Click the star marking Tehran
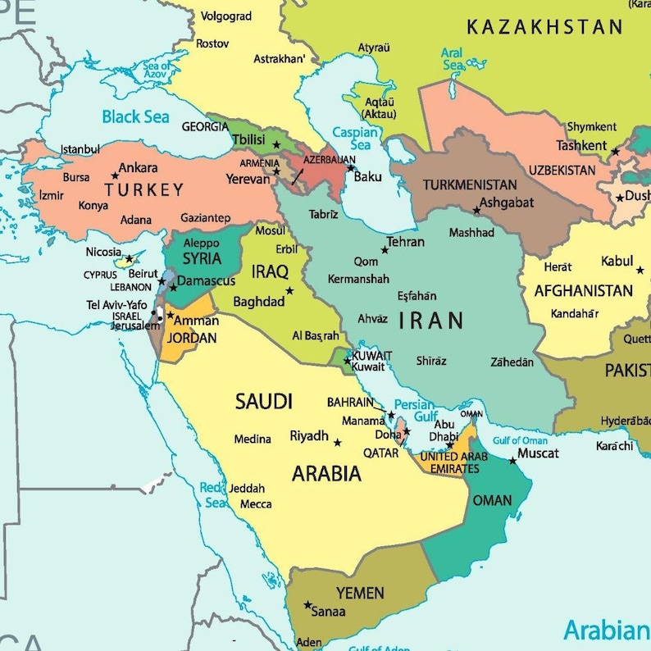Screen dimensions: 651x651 click(x=385, y=249)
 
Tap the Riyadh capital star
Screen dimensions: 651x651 click(x=337, y=442)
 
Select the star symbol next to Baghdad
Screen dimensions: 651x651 click(x=289, y=290)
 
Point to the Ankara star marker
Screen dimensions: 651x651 click(x=115, y=175)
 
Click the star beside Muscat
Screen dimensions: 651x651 click(x=512, y=460)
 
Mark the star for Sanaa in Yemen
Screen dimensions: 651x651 click(x=307, y=605)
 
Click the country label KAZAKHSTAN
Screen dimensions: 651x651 click(x=544, y=27)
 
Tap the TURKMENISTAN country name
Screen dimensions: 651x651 click(x=470, y=184)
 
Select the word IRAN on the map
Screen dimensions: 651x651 click(x=431, y=321)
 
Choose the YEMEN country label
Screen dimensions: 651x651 click(x=360, y=593)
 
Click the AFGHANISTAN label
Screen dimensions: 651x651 click(x=584, y=290)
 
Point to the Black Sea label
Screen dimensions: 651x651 click(x=135, y=116)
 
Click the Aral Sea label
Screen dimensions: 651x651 click(x=452, y=59)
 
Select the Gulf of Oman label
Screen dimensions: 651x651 click(x=520, y=440)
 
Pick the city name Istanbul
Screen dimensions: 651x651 click(x=80, y=149)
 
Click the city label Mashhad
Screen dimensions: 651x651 click(x=471, y=232)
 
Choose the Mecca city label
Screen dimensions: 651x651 click(x=256, y=503)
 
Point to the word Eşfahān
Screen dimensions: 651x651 click(x=417, y=296)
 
